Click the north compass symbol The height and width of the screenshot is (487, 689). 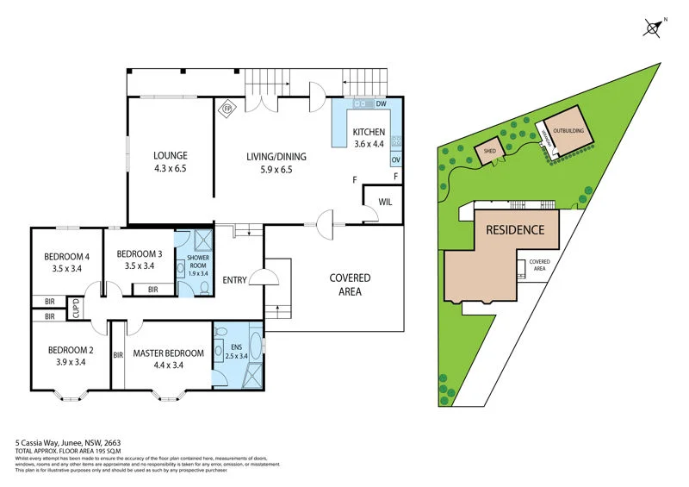click(x=654, y=28)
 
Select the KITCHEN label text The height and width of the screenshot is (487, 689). click(x=369, y=132)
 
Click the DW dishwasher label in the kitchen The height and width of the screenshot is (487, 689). click(x=380, y=104)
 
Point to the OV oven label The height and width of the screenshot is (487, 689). click(x=395, y=160)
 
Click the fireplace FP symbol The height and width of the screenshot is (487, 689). click(x=228, y=109)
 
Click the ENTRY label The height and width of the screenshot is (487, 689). click(x=235, y=280)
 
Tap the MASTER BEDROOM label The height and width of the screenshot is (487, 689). click(x=168, y=353)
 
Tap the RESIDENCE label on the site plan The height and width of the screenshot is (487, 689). click(x=515, y=229)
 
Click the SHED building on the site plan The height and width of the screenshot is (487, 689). click(x=490, y=151)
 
